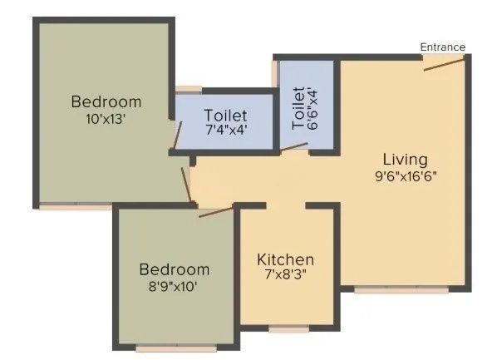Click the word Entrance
click(442, 47)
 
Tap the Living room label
click(405, 159)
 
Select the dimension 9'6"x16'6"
click(405, 175)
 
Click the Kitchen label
click(285, 259)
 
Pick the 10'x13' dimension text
click(106, 118)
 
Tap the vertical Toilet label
click(298, 108)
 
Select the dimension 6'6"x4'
click(313, 108)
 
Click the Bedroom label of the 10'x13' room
click(106, 102)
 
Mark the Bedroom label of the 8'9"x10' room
click(174, 269)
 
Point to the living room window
click(401, 290)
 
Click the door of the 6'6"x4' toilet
click(293, 147)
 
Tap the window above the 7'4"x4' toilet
click(188, 87)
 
